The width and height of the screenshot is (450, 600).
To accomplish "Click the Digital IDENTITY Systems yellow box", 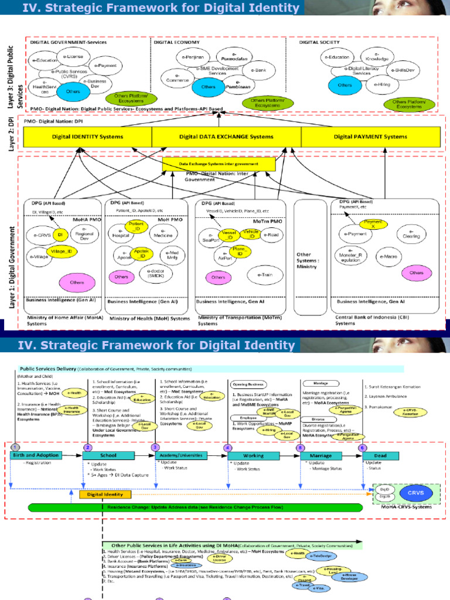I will [87, 137].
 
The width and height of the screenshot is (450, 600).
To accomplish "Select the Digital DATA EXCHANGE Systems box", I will [226, 137].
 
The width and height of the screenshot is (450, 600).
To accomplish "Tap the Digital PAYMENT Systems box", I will [370, 137].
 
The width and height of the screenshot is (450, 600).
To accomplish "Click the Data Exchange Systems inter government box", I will [219, 165].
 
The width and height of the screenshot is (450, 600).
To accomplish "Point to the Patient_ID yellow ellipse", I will [136, 226].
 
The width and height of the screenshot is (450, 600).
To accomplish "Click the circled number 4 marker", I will [226, 447].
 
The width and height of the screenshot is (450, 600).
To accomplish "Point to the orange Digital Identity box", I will [101, 495].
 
